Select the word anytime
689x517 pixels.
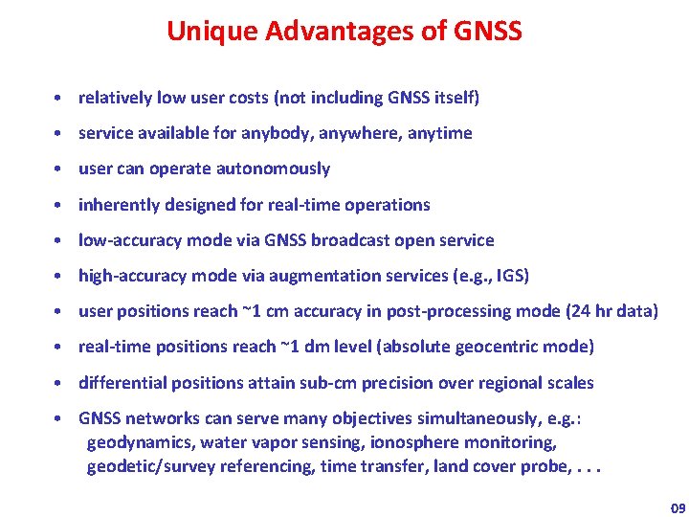439,133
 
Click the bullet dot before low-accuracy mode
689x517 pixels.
59,240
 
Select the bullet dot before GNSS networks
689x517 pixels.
59,418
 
